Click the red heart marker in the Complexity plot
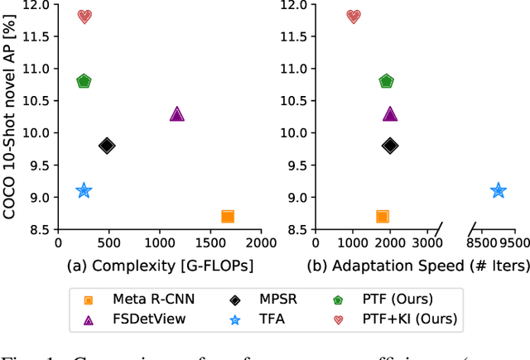pyautogui.click(x=84, y=17)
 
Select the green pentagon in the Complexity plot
pyautogui.click(x=84, y=81)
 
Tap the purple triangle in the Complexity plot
pyautogui.click(x=176, y=113)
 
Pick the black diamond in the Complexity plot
pyautogui.click(x=107, y=146)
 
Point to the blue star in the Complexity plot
pyautogui.click(x=84, y=190)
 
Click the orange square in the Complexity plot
pyautogui.click(x=227, y=217)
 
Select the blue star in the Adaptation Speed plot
pyautogui.click(x=498, y=190)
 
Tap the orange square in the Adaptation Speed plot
pyautogui.click(x=382, y=217)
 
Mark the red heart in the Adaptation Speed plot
pyautogui.click(x=354, y=17)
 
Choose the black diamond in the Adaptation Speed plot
pyautogui.click(x=390, y=146)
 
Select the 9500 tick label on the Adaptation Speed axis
pyautogui.click(x=513, y=244)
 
